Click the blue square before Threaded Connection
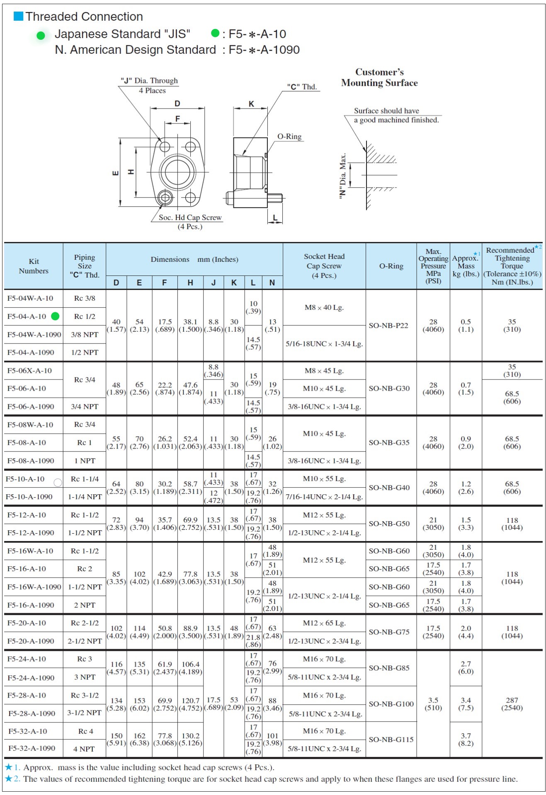coord(19,16)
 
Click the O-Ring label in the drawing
coord(289,137)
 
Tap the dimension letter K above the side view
coord(251,104)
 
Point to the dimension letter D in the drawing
coord(177,104)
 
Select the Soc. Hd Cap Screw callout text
coord(190,217)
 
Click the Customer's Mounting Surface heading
coord(379,77)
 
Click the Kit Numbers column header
coord(34,266)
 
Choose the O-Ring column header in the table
coord(391,266)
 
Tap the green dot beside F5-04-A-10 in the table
coord(55,317)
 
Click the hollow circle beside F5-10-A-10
coord(58,482)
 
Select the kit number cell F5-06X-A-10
coord(30,371)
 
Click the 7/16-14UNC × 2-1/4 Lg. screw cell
coord(324,497)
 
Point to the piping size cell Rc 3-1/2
coord(85,695)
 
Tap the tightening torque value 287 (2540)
coord(512,704)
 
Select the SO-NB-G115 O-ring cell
coord(391,739)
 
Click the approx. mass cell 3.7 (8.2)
coord(466,739)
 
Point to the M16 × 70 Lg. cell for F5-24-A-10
coord(324,659)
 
